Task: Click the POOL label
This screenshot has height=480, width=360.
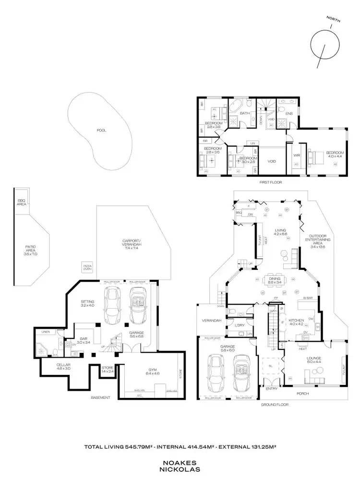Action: (x=101, y=130)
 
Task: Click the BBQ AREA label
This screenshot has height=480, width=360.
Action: (x=22, y=202)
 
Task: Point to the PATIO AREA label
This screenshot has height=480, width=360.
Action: (x=31, y=250)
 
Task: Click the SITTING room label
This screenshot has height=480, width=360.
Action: (x=88, y=303)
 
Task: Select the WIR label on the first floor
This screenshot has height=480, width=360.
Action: (x=296, y=156)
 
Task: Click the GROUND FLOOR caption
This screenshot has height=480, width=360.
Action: (x=274, y=405)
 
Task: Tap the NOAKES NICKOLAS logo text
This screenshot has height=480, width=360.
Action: (x=180, y=466)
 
